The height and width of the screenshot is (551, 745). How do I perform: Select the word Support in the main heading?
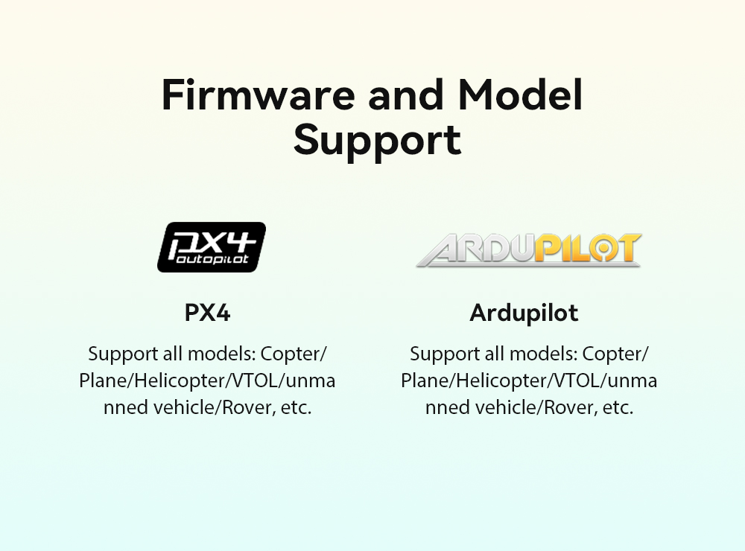click(377, 140)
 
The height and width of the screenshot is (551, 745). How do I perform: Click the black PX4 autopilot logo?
click(212, 247)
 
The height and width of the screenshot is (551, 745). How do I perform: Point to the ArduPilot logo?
click(529, 249)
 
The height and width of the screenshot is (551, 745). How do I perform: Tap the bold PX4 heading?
click(207, 313)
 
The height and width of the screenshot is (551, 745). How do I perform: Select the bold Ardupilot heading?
click(524, 313)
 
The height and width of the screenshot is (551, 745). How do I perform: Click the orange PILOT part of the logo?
click(589, 248)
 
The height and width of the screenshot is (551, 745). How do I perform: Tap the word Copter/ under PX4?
click(294, 354)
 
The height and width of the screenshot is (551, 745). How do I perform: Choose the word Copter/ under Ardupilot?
click(615, 354)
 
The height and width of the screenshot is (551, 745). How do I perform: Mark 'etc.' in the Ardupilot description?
click(618, 407)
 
